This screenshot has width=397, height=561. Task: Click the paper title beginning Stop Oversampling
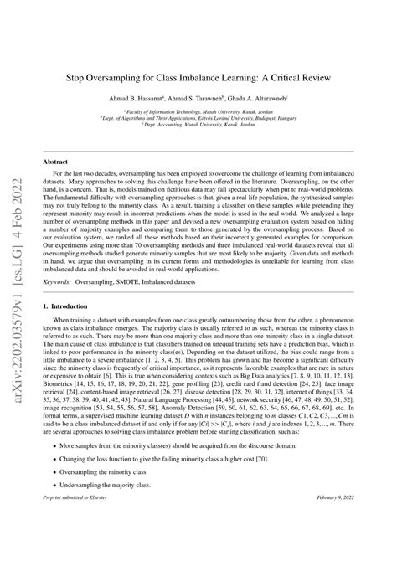click(198, 76)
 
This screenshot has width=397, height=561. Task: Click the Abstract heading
click(55, 159)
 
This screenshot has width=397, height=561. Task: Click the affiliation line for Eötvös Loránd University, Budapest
click(198, 118)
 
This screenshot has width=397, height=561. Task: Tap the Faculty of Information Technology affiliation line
click(198, 111)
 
